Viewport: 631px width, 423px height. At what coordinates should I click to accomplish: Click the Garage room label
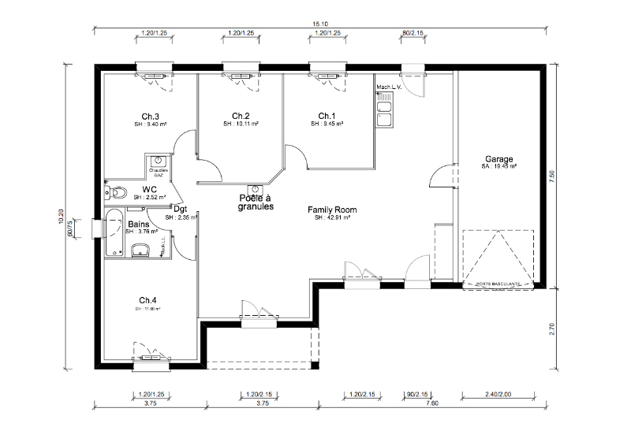click(500, 158)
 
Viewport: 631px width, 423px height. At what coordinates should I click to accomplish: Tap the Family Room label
click(332, 210)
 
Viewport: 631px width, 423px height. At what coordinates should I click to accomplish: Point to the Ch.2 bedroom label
click(241, 115)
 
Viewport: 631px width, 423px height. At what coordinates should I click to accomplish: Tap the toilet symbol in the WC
click(117, 191)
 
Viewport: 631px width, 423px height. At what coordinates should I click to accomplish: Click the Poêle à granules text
click(256, 203)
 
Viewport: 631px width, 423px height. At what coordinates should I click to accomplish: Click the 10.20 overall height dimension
click(62, 217)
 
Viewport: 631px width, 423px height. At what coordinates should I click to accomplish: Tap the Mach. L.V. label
click(390, 87)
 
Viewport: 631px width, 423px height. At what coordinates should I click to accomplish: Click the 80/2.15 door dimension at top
click(413, 33)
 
